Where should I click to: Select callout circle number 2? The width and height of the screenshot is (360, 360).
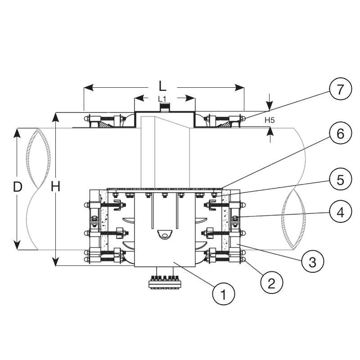click(272, 282)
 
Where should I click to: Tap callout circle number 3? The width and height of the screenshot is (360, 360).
click(312, 261)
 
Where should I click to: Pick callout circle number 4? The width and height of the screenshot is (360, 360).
click(341, 211)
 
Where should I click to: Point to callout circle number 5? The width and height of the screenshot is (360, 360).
click(340, 180)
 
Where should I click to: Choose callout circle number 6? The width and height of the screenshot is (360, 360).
click(340, 133)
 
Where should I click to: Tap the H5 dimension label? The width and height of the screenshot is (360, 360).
click(269, 120)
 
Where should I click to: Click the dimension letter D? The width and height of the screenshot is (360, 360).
click(18, 187)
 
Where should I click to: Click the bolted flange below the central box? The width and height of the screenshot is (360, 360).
click(165, 284)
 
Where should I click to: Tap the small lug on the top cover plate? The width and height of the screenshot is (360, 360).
click(165, 107)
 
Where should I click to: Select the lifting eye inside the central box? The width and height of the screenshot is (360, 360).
click(165, 234)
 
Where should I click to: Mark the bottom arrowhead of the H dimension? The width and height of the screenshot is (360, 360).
click(55, 262)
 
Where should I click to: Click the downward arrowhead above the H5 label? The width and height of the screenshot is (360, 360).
click(269, 108)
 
